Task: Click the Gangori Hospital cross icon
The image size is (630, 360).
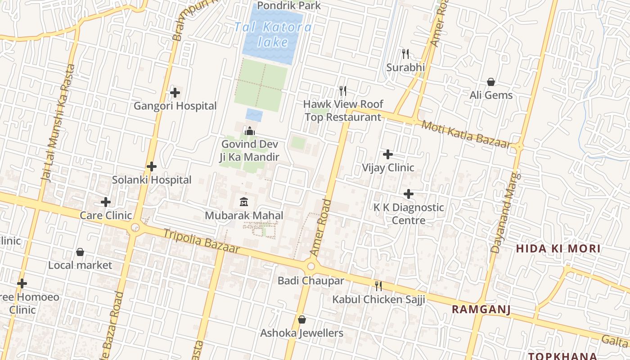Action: (x=175, y=93)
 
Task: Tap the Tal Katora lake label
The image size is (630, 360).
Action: (x=273, y=35)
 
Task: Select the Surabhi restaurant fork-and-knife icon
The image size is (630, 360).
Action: (x=405, y=54)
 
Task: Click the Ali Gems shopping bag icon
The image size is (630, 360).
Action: (x=491, y=82)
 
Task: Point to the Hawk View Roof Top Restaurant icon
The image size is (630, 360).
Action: (x=343, y=91)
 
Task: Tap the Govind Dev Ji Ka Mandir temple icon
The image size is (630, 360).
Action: (x=249, y=131)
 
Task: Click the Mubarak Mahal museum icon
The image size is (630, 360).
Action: (x=244, y=202)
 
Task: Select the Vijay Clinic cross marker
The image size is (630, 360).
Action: (x=388, y=155)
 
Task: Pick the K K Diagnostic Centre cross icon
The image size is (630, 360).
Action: (x=409, y=194)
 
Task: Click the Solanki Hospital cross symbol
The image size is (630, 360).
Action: (x=152, y=167)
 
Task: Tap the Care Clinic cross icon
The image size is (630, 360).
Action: (x=106, y=202)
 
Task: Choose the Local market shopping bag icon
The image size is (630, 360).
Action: (x=80, y=252)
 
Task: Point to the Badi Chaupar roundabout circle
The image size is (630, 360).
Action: (x=311, y=266)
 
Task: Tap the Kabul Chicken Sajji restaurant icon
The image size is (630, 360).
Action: (x=378, y=286)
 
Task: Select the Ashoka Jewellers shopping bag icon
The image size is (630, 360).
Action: (x=302, y=320)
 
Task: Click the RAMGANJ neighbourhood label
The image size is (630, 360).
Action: (x=481, y=310)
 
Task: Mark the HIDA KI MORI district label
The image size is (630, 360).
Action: (x=558, y=249)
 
